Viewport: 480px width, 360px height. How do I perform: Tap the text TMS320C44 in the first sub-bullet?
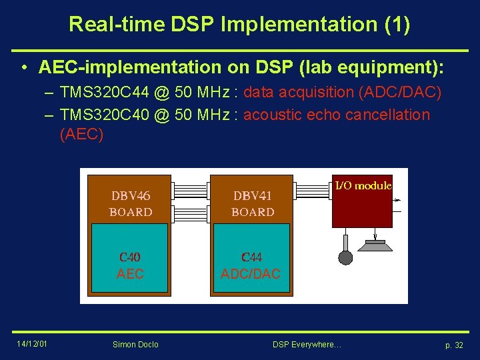pyautogui.click(x=104, y=92)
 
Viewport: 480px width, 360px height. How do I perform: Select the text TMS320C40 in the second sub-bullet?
pyautogui.click(x=104, y=115)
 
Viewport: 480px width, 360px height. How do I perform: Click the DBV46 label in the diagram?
pyautogui.click(x=131, y=196)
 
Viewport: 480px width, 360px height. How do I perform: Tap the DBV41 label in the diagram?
pyautogui.click(x=253, y=196)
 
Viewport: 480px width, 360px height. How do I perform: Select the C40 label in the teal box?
pyautogui.click(x=130, y=257)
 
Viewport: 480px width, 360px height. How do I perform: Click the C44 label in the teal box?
pyautogui.click(x=251, y=257)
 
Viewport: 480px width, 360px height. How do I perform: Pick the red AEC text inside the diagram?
pyautogui.click(x=130, y=273)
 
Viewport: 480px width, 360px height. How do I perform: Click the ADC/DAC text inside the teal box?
pyautogui.click(x=251, y=273)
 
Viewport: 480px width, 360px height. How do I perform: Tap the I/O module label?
pyautogui.click(x=363, y=185)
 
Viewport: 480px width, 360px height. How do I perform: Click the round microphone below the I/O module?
pyautogui.click(x=345, y=257)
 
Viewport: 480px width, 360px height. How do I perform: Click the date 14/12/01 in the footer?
pyautogui.click(x=32, y=343)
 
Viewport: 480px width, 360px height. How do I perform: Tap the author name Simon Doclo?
pyautogui.click(x=136, y=344)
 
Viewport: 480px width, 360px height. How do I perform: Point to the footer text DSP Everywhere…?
pyautogui.click(x=307, y=344)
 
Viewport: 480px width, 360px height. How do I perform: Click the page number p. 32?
pyautogui.click(x=454, y=345)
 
